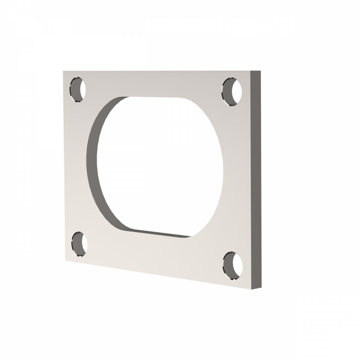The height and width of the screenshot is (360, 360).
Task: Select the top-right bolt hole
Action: (x=232, y=92)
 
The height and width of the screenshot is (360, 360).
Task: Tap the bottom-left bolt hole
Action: (x=79, y=244)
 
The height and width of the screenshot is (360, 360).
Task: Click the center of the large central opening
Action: (x=159, y=165)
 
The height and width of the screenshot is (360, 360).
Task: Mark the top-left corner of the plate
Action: (x=64, y=71)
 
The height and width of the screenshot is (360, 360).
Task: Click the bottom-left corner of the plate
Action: (x=66, y=260)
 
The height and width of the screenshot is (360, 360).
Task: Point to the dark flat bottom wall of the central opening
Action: (x=159, y=233)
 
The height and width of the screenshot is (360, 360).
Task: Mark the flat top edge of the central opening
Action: (x=154, y=97)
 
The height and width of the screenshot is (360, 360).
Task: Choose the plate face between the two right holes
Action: (x=237, y=180)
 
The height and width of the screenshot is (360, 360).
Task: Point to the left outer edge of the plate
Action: (x=64, y=165)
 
